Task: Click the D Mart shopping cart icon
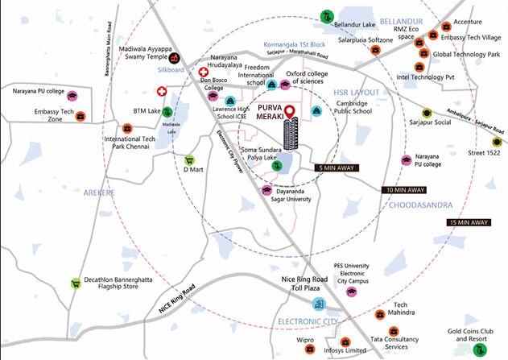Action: click(x=190, y=160)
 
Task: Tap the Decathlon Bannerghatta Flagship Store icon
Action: click(x=76, y=283)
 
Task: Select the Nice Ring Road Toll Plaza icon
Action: click(x=319, y=304)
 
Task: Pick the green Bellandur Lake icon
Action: click(x=326, y=16)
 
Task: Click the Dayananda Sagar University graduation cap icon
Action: click(x=266, y=191)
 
